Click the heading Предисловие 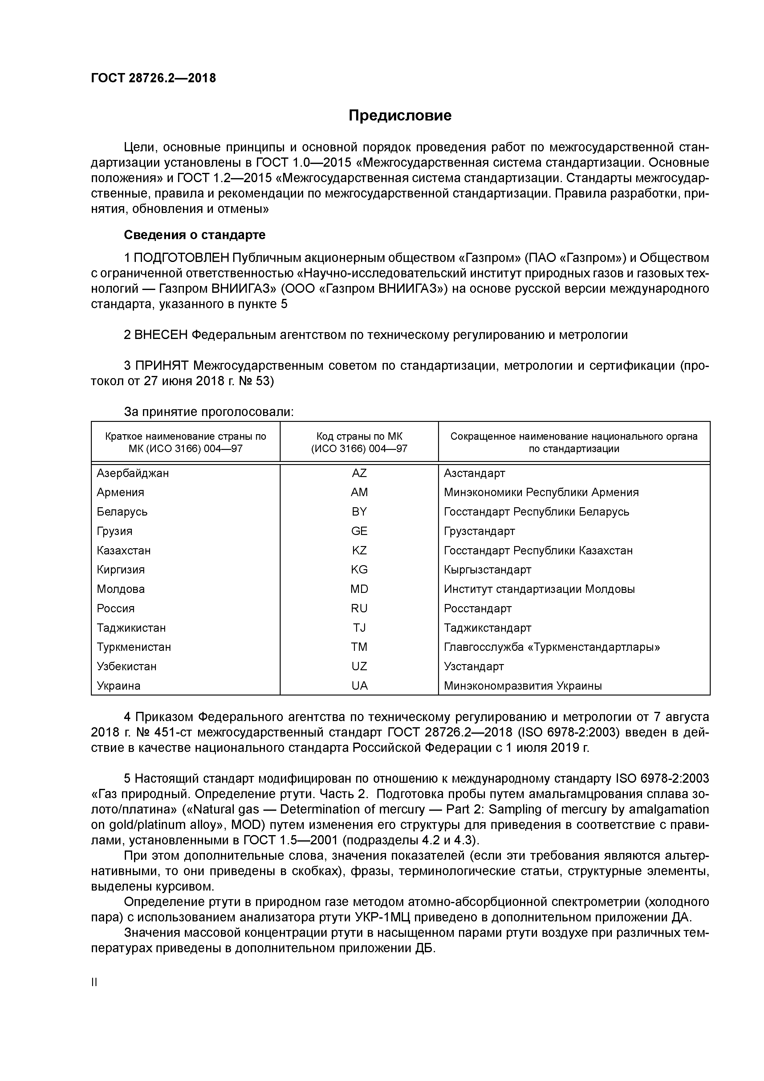[400, 116]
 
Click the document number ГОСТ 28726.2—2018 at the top [153, 78]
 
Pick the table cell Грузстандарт [479, 531]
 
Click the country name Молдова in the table [120, 589]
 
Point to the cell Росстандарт [477, 608]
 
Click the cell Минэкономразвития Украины [522, 686]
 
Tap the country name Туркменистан [134, 647]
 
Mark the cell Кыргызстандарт [487, 570]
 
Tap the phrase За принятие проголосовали [209, 412]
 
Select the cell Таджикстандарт [487, 628]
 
